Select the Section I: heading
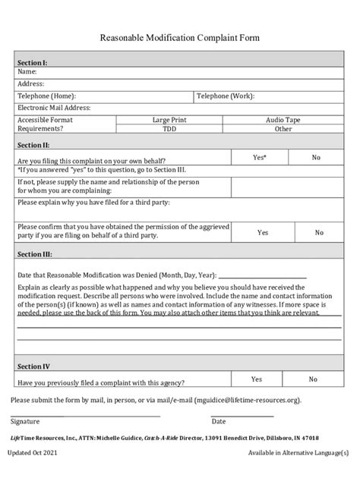(33, 63)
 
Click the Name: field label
(28, 72)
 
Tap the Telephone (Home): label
(46, 96)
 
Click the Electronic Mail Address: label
(54, 108)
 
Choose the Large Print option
(169, 120)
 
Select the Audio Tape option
(283, 120)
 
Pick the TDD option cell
(169, 129)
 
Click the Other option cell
(283, 129)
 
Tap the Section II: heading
(34, 144)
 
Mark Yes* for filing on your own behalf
(259, 157)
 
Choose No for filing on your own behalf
(316, 157)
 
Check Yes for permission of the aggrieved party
(262, 233)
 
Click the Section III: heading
(35, 255)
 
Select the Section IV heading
(33, 366)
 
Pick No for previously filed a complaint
(313, 379)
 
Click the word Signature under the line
(27, 421)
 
